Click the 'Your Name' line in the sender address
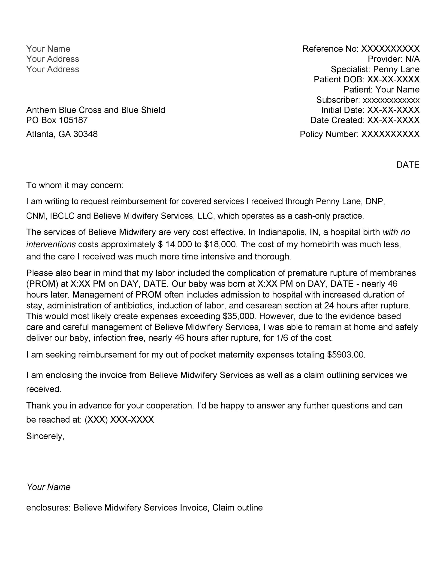tap(48, 49)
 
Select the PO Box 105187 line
tap(57, 120)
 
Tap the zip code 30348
tap(85, 134)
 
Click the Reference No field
tap(361, 49)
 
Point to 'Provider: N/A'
tap(393, 59)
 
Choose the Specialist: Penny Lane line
tap(375, 69)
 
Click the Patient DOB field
tap(366, 79)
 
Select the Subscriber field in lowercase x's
tap(368, 100)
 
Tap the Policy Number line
tap(359, 134)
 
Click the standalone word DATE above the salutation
tap(408, 165)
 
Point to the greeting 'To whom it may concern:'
tap(75, 185)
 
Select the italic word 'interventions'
tap(51, 244)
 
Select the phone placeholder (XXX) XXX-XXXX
tap(119, 420)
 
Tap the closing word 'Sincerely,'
tap(45, 436)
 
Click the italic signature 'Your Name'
tap(49, 487)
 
